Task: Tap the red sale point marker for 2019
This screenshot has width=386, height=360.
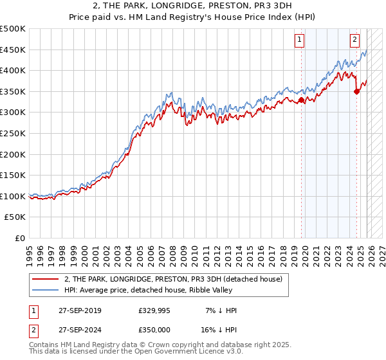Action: [x=301, y=100]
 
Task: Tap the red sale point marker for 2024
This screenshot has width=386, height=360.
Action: [x=356, y=91]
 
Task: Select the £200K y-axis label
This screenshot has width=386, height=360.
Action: [x=13, y=154]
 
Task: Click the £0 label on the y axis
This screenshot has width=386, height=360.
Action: [x=19, y=238]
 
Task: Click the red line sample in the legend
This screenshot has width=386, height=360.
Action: [x=44, y=279]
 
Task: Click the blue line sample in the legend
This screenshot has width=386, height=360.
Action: [x=44, y=290]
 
